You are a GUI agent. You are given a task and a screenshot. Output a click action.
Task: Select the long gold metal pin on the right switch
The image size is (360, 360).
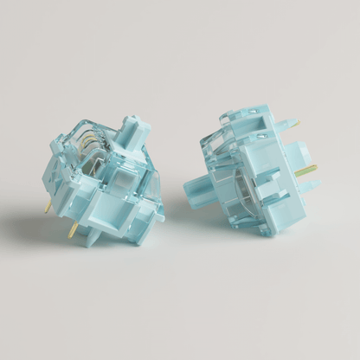(306, 170)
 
